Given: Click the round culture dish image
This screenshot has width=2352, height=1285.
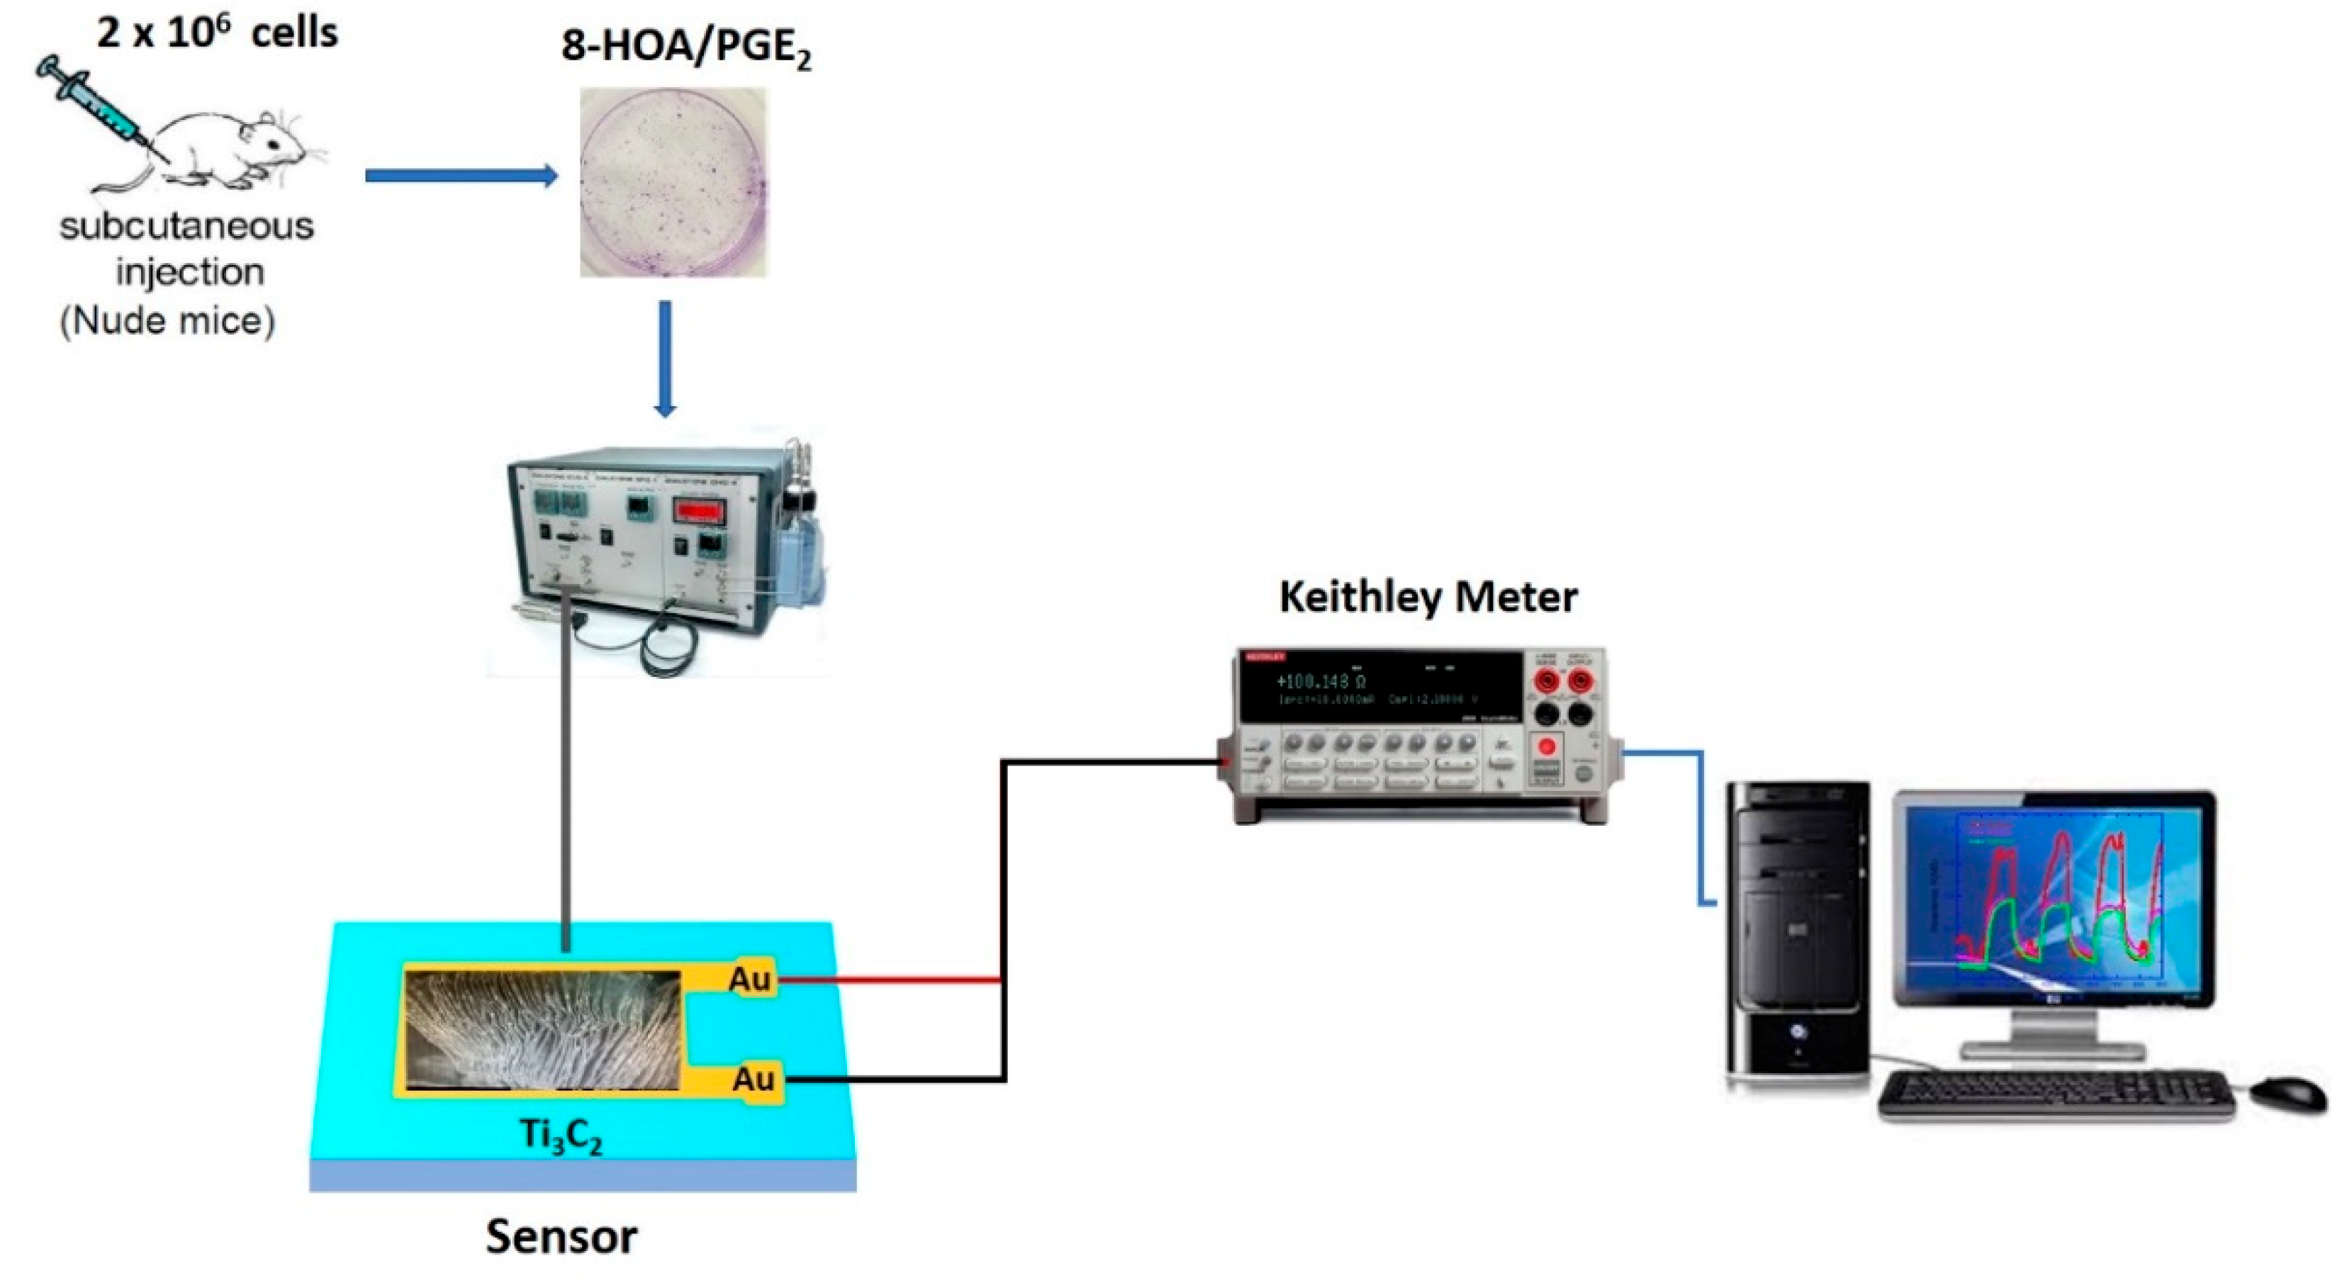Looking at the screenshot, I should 673,183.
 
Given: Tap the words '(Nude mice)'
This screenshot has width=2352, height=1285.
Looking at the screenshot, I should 167,321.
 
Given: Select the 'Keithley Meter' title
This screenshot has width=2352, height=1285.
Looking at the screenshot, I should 1427,597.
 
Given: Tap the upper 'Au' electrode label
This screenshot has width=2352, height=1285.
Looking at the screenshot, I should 749,980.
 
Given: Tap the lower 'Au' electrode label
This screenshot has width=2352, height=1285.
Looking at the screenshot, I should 754,1079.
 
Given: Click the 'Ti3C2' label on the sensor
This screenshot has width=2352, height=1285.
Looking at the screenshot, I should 561,1137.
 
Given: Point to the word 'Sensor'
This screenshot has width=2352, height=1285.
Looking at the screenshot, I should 561,1237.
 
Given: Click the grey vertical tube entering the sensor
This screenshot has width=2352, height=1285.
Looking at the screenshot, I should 566,775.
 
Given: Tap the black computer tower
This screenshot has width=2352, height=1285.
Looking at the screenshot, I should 1797,931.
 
